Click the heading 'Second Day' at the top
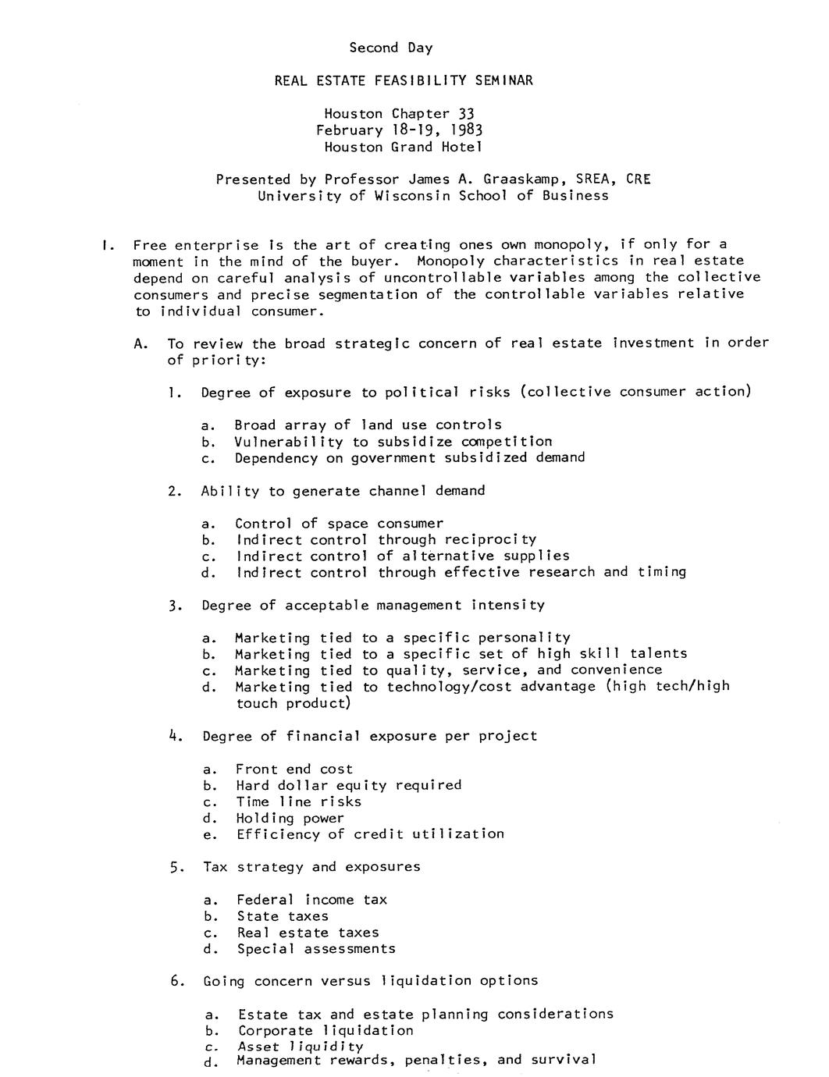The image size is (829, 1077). [390, 48]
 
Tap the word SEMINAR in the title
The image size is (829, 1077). [500, 80]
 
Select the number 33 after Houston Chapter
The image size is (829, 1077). [466, 114]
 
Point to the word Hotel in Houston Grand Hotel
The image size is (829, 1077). [461, 147]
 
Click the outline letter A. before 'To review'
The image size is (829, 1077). [141, 343]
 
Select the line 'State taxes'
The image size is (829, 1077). [283, 916]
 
